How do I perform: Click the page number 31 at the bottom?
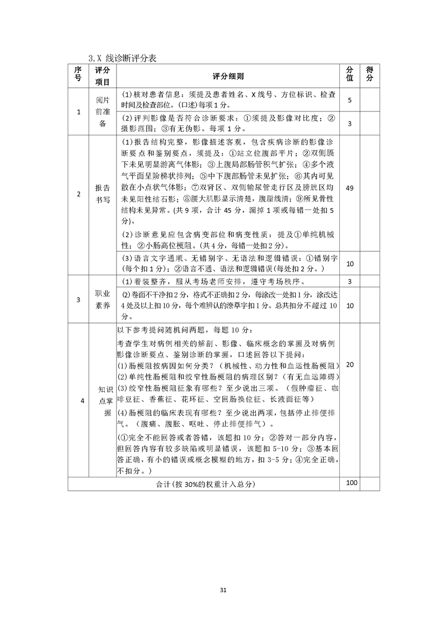(x=222, y=590)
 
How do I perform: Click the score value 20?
(x=349, y=364)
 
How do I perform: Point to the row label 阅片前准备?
(x=102, y=111)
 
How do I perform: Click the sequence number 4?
(x=78, y=400)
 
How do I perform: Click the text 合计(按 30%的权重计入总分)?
(x=204, y=484)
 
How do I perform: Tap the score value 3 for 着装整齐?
(x=349, y=281)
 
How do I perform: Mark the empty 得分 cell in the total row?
(x=370, y=484)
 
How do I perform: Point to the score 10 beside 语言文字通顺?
(x=349, y=264)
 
